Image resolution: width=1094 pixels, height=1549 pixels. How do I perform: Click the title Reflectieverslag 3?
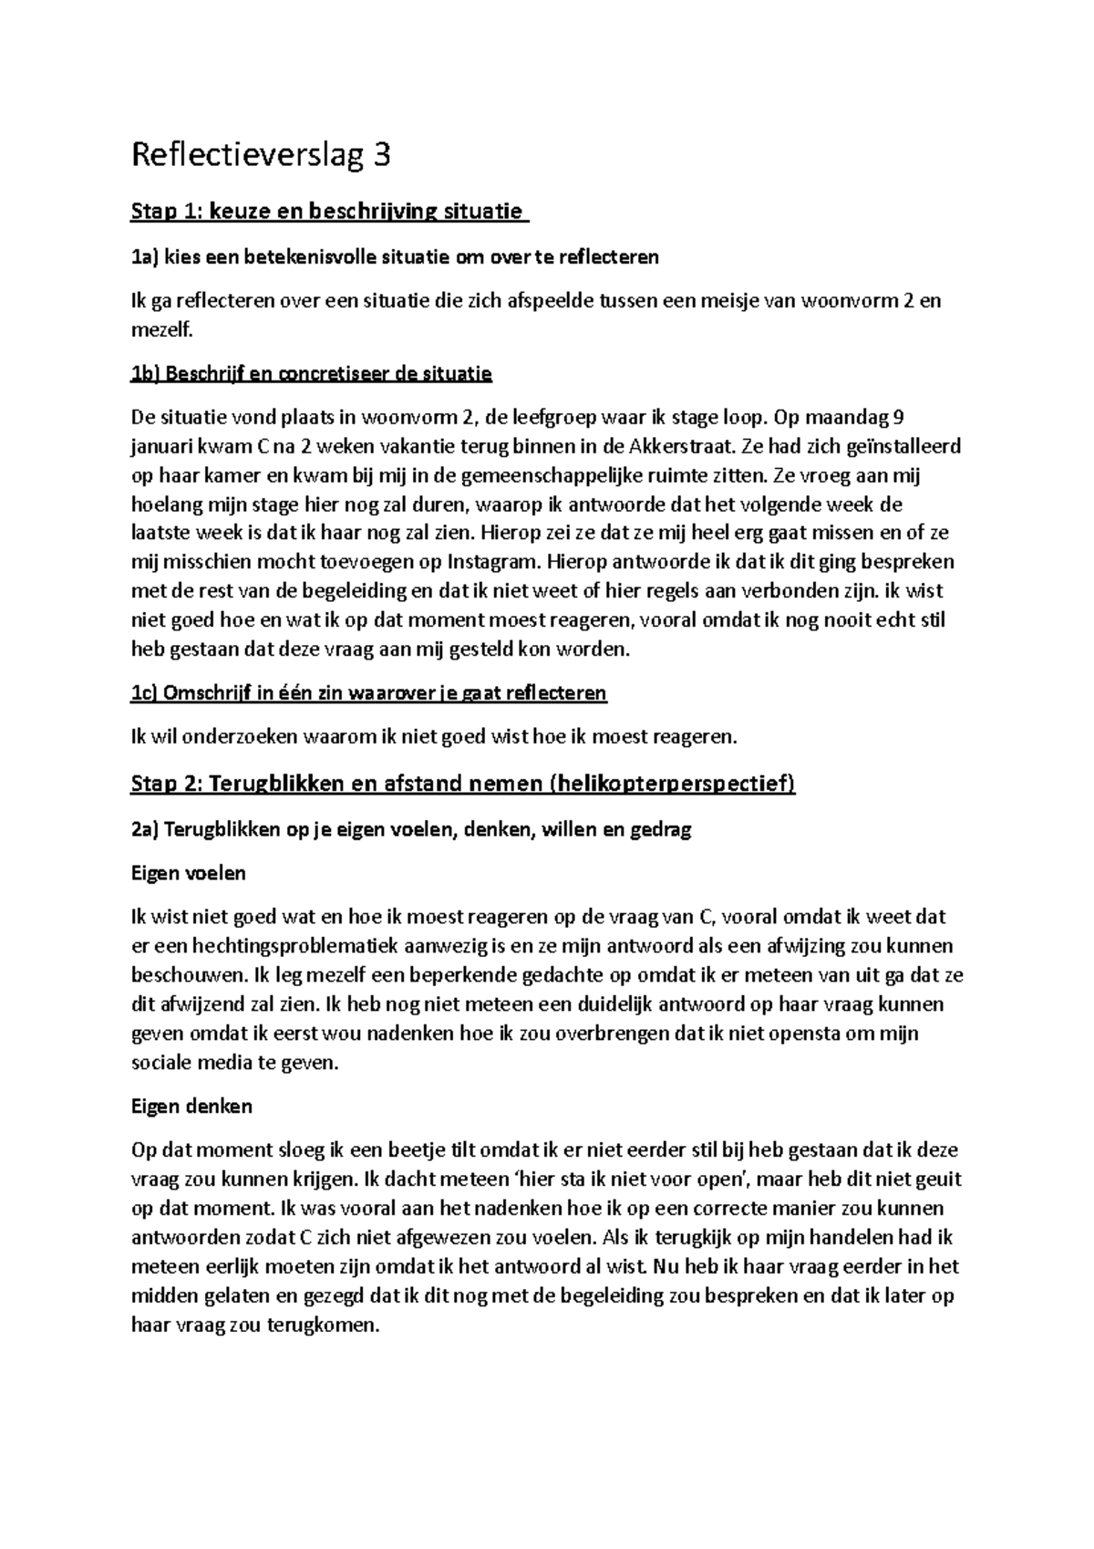[x=261, y=156]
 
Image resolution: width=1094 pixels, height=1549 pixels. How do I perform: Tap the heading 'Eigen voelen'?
[x=189, y=874]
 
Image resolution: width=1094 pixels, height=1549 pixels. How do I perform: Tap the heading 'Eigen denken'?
[x=191, y=1107]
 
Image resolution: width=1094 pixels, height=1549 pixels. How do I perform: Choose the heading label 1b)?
[x=146, y=373]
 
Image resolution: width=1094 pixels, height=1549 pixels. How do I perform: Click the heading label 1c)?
[x=145, y=693]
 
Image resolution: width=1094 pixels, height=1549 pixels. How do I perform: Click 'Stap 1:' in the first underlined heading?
[x=168, y=213]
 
